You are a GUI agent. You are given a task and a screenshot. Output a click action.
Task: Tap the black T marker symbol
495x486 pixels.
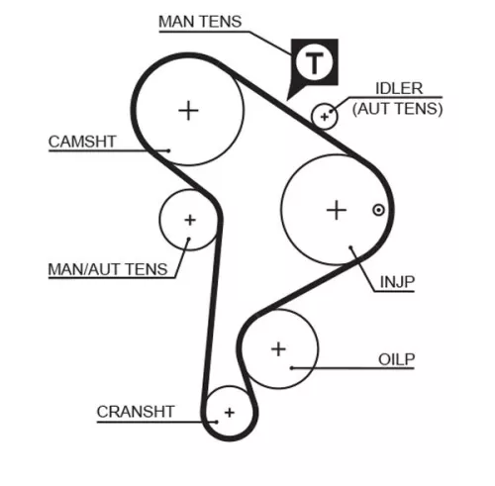click(x=314, y=64)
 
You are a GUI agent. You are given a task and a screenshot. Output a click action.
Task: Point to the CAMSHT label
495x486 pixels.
click(x=82, y=142)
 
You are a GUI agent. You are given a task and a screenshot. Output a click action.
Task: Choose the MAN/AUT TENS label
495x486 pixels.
click(x=108, y=268)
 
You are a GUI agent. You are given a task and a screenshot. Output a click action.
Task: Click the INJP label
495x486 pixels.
click(x=396, y=282)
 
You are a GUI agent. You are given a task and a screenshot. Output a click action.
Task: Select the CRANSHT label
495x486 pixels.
click(x=136, y=412)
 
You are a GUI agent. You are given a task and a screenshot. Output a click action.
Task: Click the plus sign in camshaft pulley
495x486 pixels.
click(x=188, y=109)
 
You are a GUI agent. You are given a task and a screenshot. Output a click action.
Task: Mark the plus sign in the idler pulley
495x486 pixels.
click(x=325, y=117)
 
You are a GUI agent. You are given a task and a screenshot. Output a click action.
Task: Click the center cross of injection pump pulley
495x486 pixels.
click(x=337, y=209)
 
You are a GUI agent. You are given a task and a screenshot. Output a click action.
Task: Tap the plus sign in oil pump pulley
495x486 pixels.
click(x=278, y=348)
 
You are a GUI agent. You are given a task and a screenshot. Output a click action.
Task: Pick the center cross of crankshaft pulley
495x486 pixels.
click(x=230, y=411)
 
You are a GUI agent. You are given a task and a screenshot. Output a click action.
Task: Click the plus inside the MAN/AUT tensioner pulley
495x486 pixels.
click(x=189, y=220)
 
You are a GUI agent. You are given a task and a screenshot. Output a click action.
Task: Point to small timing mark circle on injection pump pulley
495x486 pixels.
click(x=377, y=209)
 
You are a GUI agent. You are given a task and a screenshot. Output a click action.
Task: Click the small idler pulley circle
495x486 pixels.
click(x=325, y=117)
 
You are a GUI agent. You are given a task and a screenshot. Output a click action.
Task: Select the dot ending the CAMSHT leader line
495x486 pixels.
click(x=170, y=151)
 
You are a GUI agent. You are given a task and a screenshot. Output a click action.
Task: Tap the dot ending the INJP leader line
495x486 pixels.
click(x=351, y=248)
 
